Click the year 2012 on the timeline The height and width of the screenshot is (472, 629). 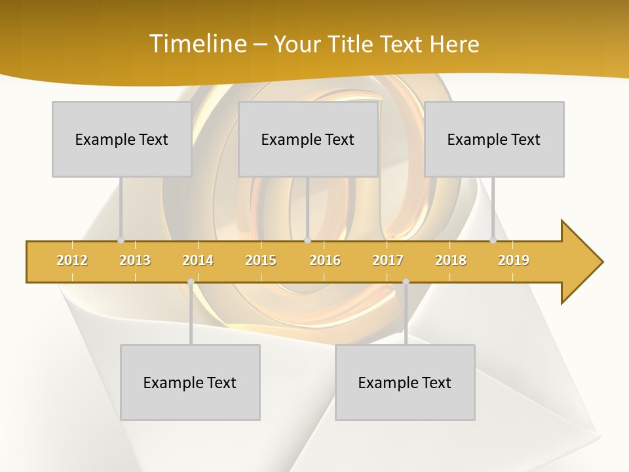coord(72,260)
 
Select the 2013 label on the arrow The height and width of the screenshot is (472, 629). coord(135,260)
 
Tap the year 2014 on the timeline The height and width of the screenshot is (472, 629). coord(198,260)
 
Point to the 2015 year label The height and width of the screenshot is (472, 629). coord(261,260)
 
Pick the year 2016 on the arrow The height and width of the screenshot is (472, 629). coord(325,260)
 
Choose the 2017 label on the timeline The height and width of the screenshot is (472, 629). coord(388,260)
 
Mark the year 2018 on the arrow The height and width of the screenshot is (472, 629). coord(451,260)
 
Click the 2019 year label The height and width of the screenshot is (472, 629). coord(514,260)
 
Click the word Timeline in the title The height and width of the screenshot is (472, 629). coord(197,44)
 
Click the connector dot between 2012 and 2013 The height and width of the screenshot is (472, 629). coord(121,241)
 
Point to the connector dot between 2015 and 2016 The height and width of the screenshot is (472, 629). coord(307,241)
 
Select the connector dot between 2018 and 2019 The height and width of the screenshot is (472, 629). coord(493,241)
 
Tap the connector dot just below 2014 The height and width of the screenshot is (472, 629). coord(191,282)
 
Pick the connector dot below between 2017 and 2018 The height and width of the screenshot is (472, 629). coord(406,282)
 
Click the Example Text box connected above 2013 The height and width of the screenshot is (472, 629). coord(122,139)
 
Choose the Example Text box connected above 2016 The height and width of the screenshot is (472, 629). coord(308,139)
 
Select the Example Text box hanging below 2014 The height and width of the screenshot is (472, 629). coord(190,382)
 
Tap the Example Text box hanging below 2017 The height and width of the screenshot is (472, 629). coord(405,382)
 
